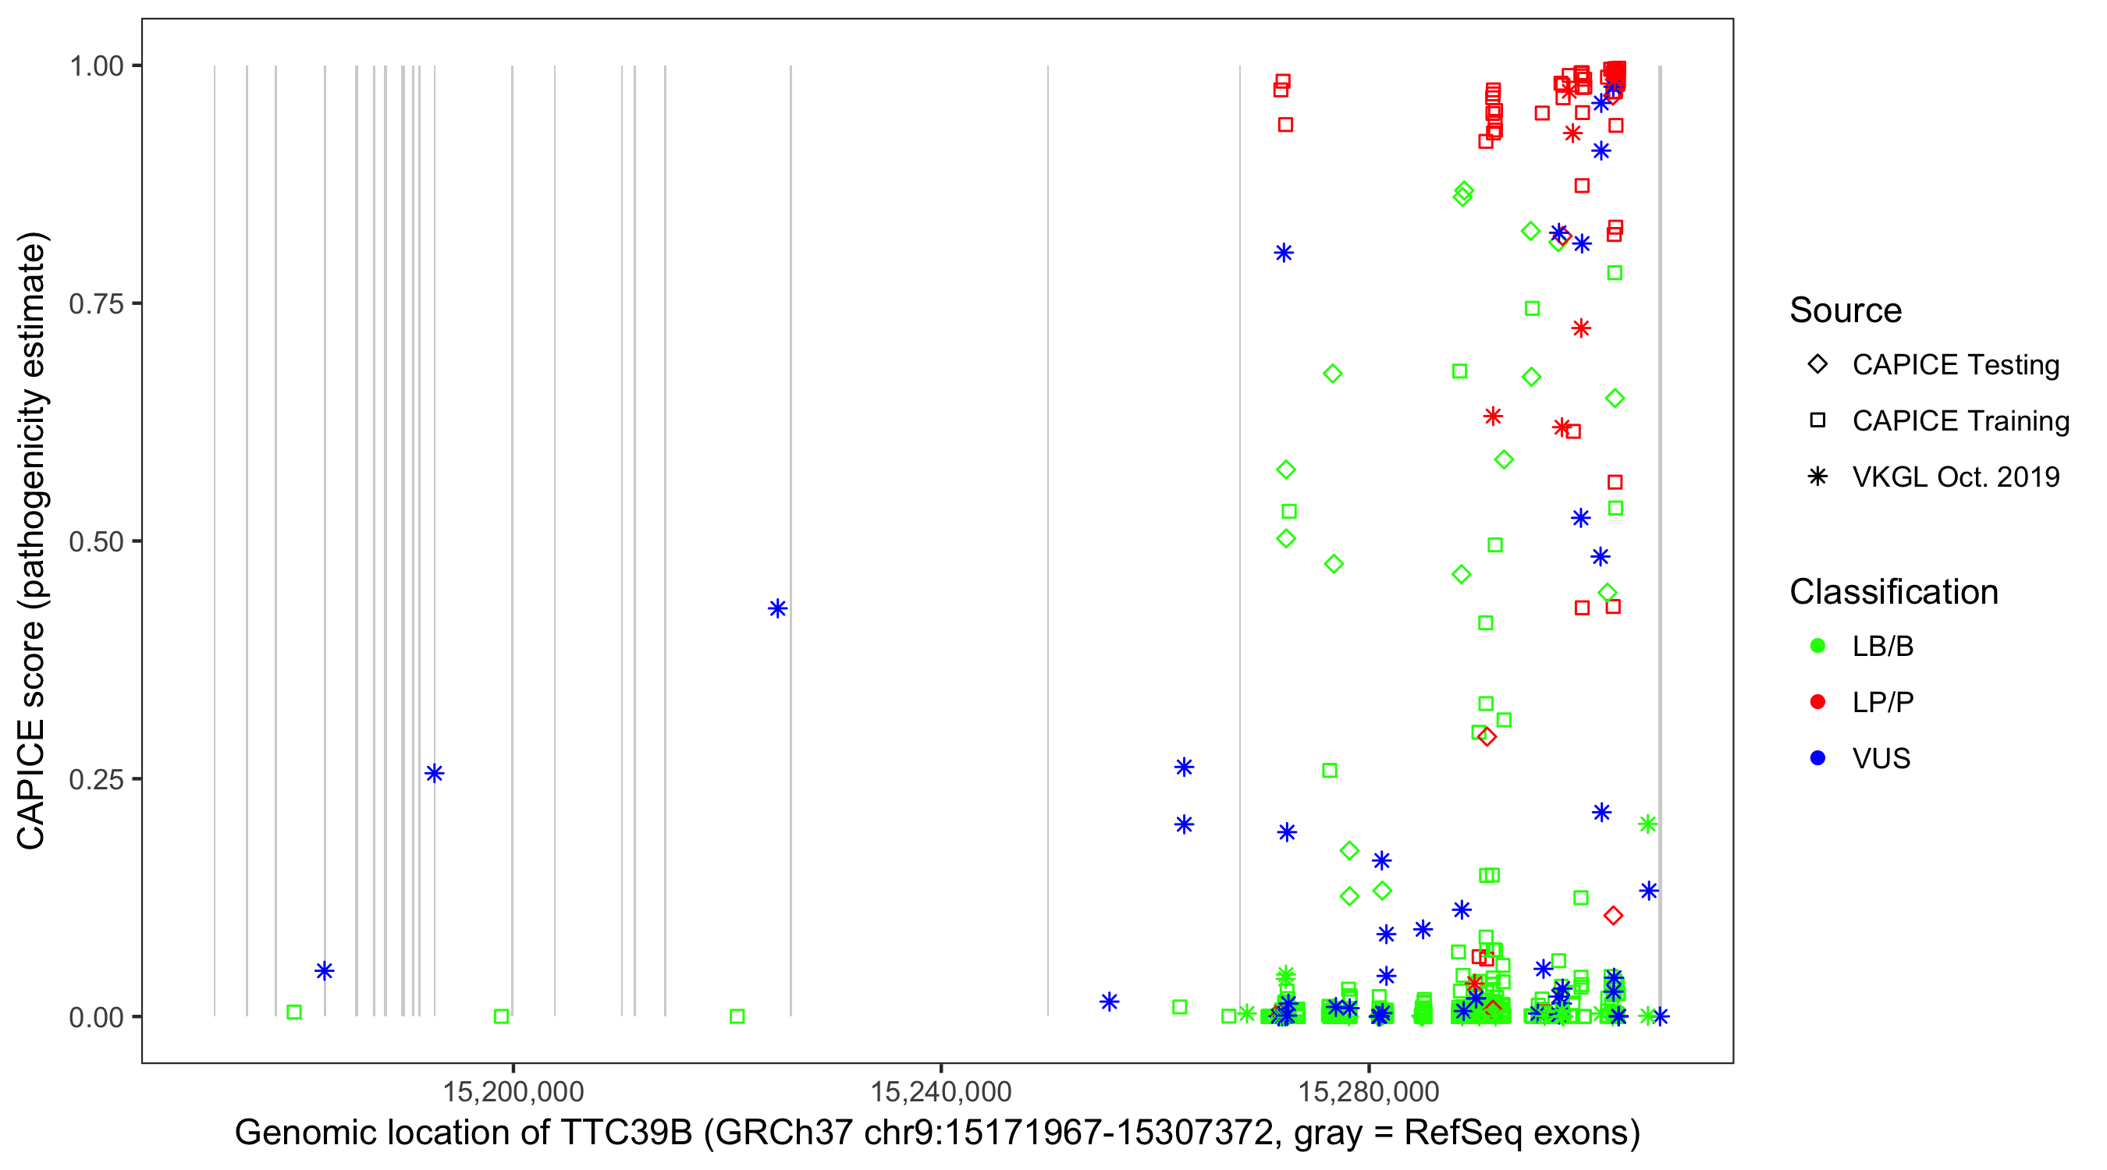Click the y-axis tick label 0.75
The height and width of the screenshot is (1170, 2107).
[96, 303]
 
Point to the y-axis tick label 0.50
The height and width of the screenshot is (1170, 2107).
[96, 541]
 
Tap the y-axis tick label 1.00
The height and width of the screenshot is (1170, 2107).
[96, 66]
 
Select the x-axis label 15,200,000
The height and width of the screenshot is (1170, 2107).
[513, 1090]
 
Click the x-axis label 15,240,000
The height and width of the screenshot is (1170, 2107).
[940, 1090]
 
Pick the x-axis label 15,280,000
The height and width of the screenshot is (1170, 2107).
[1369, 1090]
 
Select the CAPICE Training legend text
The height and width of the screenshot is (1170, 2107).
[1960, 421]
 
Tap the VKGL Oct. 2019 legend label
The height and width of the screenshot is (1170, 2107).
[1955, 477]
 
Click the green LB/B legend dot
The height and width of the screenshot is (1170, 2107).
[1817, 646]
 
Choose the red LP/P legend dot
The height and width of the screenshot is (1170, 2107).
[1817, 702]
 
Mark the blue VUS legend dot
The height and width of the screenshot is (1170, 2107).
[1817, 758]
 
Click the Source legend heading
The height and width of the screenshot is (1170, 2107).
[1846, 310]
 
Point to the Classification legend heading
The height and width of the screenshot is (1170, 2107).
[1893, 592]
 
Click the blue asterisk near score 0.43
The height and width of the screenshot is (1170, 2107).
[777, 608]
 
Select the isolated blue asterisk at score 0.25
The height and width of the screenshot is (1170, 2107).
[435, 774]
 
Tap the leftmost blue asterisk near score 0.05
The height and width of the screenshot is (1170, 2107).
[325, 970]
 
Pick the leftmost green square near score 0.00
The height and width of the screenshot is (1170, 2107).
[294, 1012]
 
